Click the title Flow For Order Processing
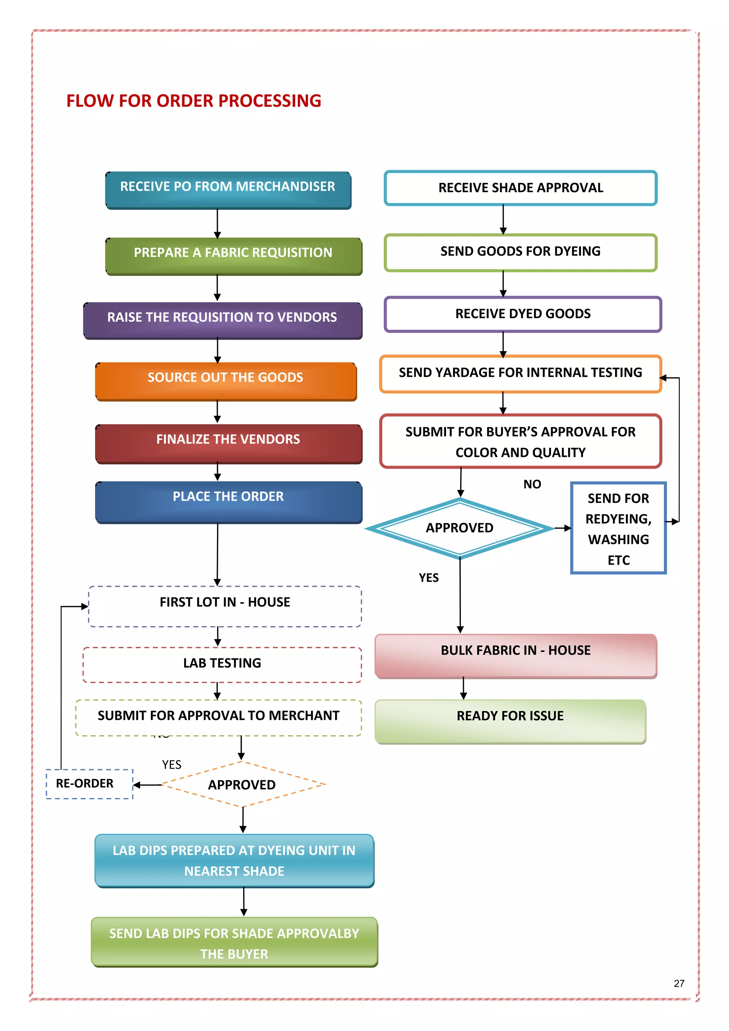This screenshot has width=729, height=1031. (194, 101)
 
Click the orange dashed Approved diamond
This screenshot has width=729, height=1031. (242, 785)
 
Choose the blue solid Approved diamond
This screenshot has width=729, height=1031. (459, 528)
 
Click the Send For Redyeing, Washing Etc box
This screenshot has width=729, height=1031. (618, 528)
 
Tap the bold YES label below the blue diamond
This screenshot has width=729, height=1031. (429, 578)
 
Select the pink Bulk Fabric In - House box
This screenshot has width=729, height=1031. (515, 655)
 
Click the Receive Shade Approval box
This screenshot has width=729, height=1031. (520, 188)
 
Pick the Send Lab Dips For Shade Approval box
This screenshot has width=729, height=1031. (234, 942)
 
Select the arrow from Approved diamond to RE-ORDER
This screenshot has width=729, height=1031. (148, 785)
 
